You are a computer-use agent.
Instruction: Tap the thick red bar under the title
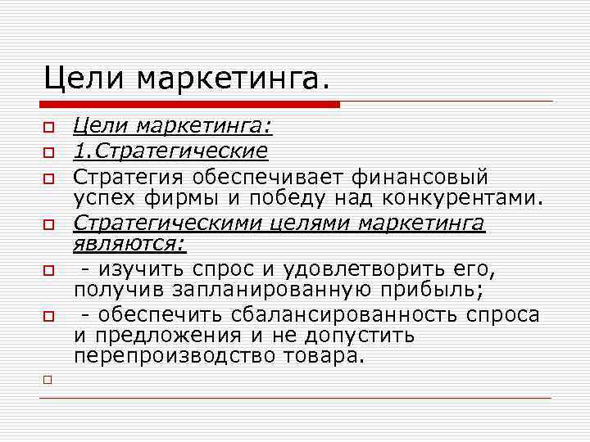pos(189,105)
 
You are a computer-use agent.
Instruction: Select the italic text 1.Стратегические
pos(170,151)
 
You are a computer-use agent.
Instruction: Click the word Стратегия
pos(128,176)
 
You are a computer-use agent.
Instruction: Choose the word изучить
pos(140,268)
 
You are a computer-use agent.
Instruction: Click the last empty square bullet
pos(48,380)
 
